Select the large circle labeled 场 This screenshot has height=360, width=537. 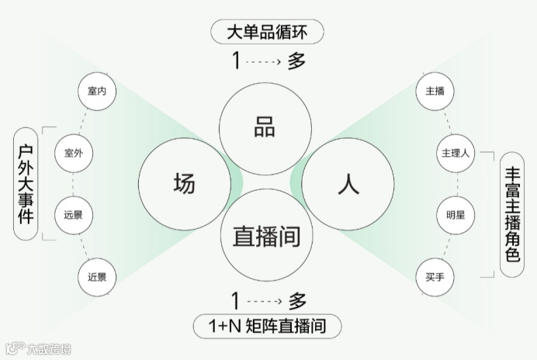pos(185,184)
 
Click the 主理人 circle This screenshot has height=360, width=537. pos(455,153)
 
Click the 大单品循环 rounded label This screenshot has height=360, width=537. pos(266,33)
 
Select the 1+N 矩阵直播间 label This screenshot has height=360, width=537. pos(266,327)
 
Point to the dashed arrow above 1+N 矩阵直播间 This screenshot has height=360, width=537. pos(264,299)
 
